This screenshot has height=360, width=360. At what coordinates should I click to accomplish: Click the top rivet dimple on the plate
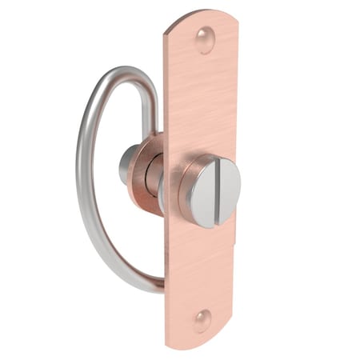(x=206, y=38)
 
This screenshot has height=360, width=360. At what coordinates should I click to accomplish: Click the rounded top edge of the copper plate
(x=200, y=16)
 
